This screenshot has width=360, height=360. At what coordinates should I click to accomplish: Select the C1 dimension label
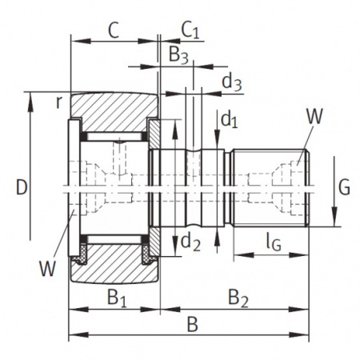point(189,30)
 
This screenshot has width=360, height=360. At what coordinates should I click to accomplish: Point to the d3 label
point(231,81)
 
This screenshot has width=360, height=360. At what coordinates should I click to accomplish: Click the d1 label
point(230,120)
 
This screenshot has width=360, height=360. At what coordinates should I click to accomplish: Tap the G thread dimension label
point(343,188)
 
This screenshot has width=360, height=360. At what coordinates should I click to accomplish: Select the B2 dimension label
point(238,298)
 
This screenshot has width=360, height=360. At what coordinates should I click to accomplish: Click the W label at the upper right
point(314,117)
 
